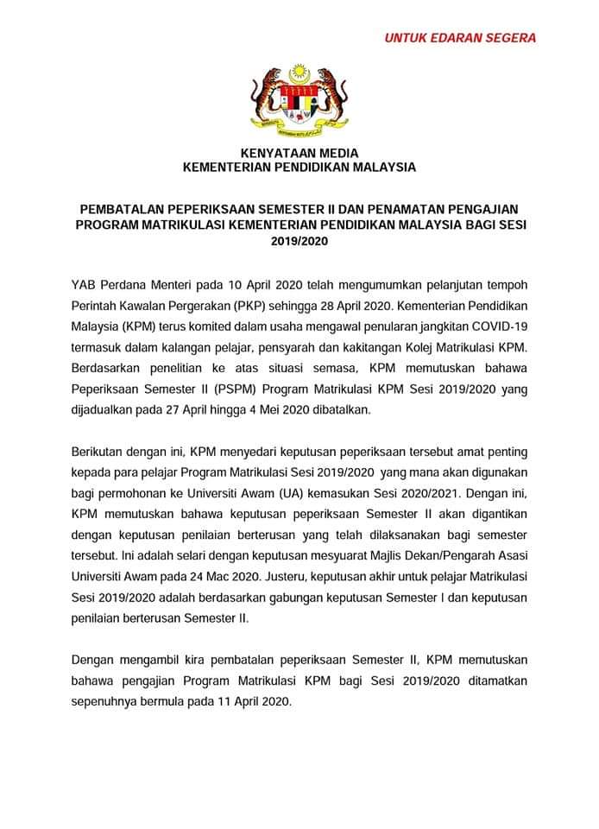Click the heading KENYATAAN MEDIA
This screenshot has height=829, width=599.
pyautogui.click(x=299, y=152)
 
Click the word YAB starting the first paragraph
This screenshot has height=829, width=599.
pyautogui.click(x=85, y=286)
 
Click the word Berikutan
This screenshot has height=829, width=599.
pyautogui.click(x=100, y=452)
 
